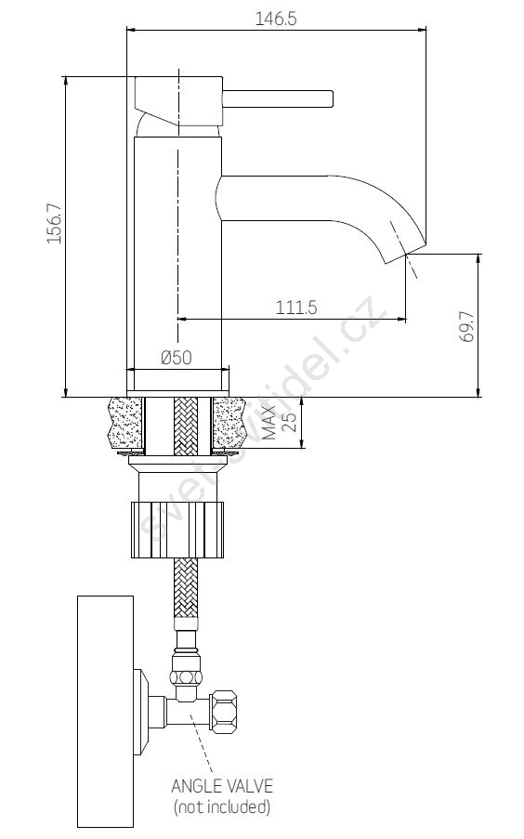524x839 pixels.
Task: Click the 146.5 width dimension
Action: point(275,19)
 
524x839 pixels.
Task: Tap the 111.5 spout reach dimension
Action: point(296,308)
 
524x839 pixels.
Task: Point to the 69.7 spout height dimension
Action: point(466,326)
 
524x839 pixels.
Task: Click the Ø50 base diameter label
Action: point(177,357)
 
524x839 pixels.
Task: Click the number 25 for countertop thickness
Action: point(289,423)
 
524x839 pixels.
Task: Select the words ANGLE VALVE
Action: point(222,785)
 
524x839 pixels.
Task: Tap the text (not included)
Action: point(222,806)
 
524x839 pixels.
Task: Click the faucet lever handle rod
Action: point(278,99)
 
